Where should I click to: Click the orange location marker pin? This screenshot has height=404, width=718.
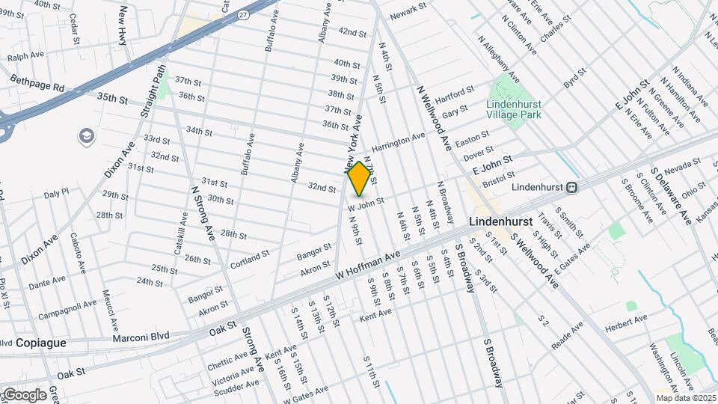tap(359, 178)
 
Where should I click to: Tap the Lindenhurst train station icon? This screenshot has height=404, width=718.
tap(571, 187)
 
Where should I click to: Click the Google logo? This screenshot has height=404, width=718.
tap(24, 394)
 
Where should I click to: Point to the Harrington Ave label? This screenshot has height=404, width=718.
tap(399, 140)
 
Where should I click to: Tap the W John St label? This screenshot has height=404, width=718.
tap(366, 201)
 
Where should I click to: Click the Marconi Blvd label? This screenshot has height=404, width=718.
tap(139, 337)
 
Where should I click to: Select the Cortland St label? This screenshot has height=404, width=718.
tap(249, 258)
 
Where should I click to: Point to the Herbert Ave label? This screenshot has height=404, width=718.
tap(628, 320)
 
